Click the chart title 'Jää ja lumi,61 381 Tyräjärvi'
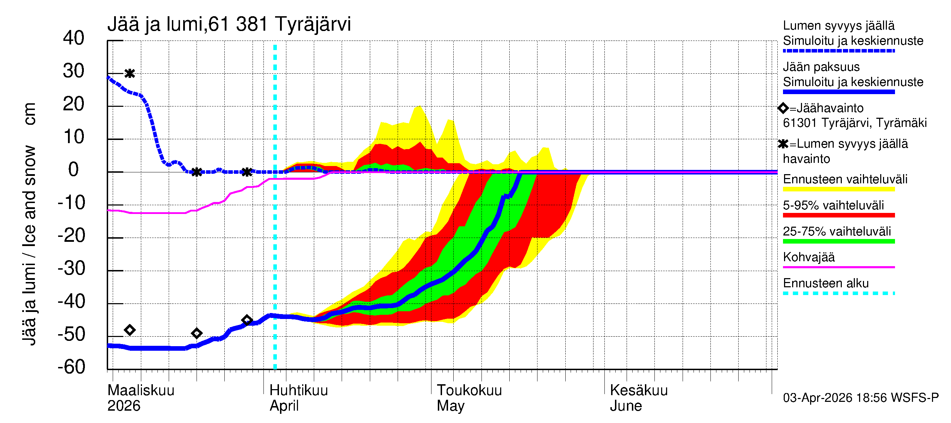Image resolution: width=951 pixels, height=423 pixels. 229,24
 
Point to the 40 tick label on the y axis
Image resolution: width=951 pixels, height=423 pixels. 74,38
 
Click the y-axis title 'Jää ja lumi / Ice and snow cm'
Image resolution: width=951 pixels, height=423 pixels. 29,224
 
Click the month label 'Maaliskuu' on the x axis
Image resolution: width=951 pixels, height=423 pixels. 141,390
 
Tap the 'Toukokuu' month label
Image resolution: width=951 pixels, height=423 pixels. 469,390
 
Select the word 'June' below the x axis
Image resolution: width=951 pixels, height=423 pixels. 626,406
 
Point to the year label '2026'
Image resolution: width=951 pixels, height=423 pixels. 124,406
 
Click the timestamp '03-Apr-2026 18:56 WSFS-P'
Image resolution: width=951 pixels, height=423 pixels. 860,398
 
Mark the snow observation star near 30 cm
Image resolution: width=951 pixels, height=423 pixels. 130,74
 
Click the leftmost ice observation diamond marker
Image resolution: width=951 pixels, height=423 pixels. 130,330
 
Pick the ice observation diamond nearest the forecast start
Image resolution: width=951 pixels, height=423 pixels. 247,320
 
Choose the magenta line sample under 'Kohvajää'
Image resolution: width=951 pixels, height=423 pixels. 838,267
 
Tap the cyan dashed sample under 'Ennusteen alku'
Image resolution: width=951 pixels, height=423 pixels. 838,293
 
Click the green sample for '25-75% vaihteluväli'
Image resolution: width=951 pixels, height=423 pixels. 838,241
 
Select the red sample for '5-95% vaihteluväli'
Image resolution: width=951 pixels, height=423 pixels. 838,215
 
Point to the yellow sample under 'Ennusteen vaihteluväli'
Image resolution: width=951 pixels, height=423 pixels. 838,189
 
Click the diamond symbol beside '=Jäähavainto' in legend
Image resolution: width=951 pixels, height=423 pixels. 783,108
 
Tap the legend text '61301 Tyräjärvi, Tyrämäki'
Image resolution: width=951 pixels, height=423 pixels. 854,123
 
